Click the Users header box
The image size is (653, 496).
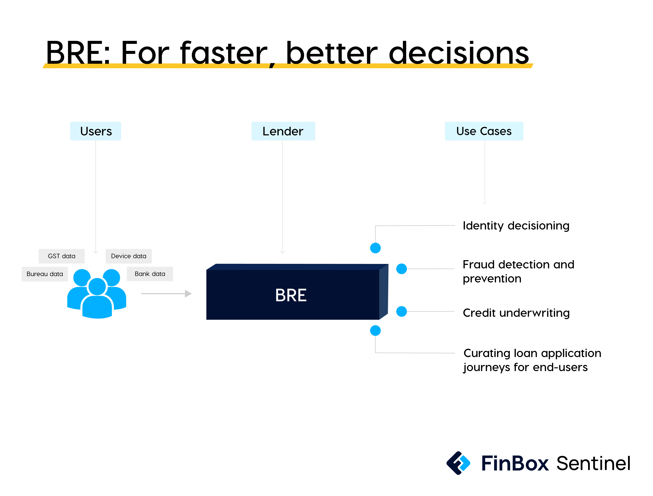coord(95,131)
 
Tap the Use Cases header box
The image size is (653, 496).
coord(484,131)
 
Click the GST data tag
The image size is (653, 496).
coord(61,256)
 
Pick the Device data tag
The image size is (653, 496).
coord(129,256)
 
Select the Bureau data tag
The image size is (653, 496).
coord(45,274)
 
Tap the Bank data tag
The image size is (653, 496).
coord(150,274)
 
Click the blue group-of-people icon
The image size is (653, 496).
coord(97,294)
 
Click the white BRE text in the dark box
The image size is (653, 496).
coord(291,295)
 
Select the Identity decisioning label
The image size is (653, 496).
coord(516,226)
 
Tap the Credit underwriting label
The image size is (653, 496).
coord(516,313)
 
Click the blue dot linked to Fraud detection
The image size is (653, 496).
coord(401,269)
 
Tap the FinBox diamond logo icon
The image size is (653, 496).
coord(458,463)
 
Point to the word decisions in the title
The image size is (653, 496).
coord(459,53)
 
